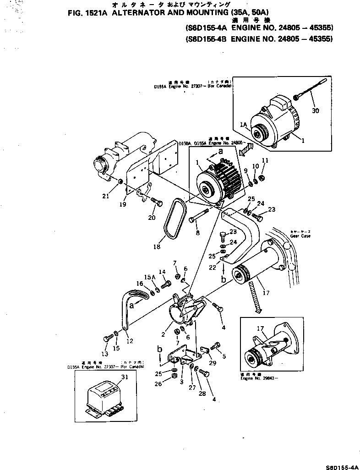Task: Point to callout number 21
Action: click(x=106, y=197)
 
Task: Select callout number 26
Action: click(x=159, y=384)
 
